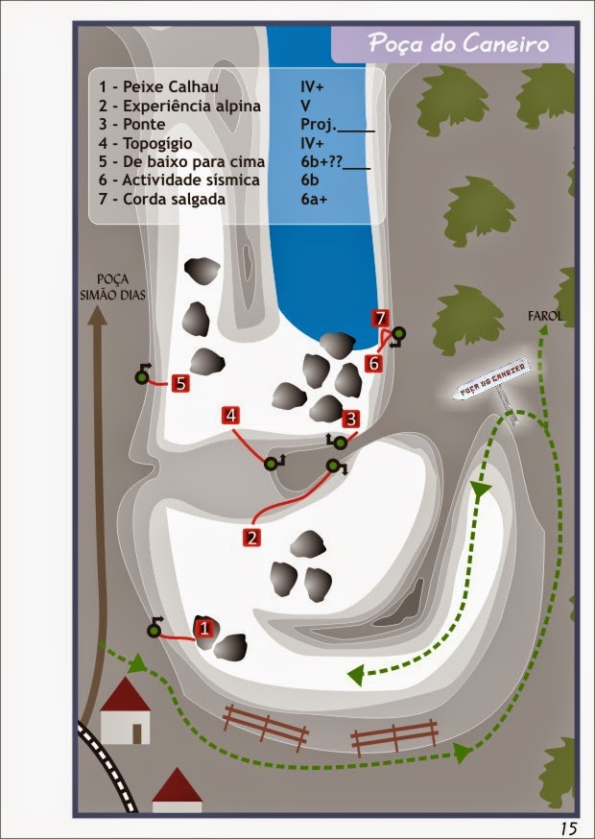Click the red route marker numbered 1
pyautogui.click(x=203, y=627)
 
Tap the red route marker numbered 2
pyautogui.click(x=251, y=537)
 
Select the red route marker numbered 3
pyautogui.click(x=351, y=419)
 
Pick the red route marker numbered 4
pyautogui.click(x=230, y=416)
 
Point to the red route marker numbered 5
pyautogui.click(x=180, y=383)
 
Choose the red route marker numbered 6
pyautogui.click(x=373, y=364)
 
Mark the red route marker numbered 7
pyautogui.click(x=380, y=319)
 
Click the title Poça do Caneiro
pyautogui.click(x=459, y=44)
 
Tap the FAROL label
pyautogui.click(x=545, y=316)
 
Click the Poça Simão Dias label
pyautogui.click(x=113, y=287)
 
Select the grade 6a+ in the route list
pyautogui.click(x=314, y=200)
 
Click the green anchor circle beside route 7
pyautogui.click(x=398, y=334)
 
